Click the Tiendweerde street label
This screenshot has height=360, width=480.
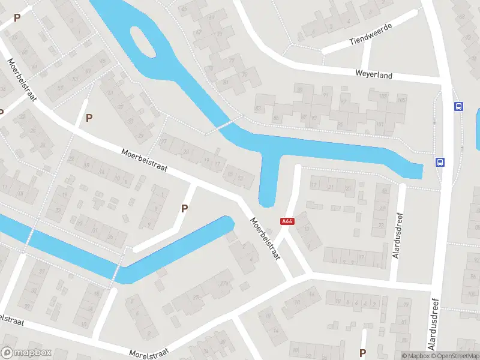coord(370,34)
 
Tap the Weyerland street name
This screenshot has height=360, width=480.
coord(373,76)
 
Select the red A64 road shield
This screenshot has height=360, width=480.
coord(287,221)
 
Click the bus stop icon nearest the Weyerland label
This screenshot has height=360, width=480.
coord(458,106)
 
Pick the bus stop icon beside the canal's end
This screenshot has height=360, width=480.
coord(440,161)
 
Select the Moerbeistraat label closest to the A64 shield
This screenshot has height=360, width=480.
coord(265,239)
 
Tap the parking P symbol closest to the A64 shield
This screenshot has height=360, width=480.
coord(185,208)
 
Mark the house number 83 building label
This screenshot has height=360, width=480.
coord(259,108)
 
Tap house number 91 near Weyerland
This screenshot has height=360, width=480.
coord(326,95)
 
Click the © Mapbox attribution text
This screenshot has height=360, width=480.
coord(415,356)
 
